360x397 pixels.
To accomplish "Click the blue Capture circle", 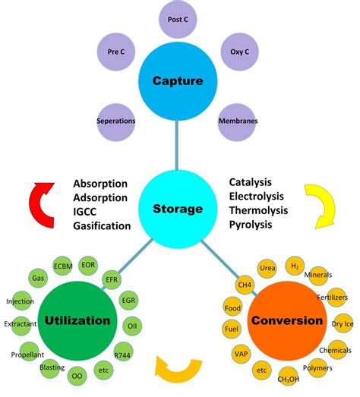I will [x=176, y=80].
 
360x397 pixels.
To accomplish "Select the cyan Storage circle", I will [x=178, y=207].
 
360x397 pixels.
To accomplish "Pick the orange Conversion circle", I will [x=288, y=320].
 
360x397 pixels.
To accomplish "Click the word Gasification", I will [x=102, y=226].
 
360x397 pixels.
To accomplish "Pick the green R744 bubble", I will [x=122, y=354].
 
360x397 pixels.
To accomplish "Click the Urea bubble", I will [x=267, y=268].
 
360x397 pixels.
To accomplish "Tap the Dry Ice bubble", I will [x=341, y=324].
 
